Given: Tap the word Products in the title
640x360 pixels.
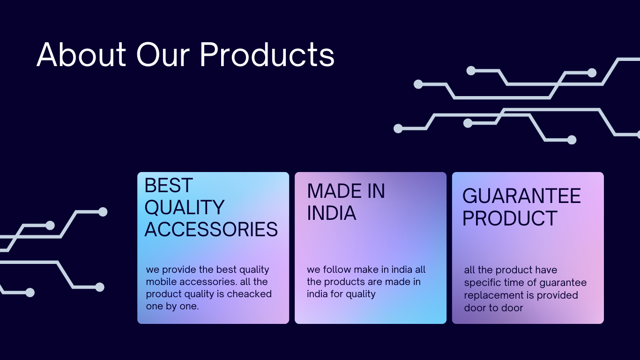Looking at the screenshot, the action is [267, 54].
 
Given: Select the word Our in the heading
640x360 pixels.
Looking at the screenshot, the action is [163, 54].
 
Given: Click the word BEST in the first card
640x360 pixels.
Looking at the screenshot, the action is [169, 185].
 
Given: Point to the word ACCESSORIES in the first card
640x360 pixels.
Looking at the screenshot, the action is [211, 229].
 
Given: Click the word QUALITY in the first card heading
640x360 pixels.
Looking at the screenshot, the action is [184, 207].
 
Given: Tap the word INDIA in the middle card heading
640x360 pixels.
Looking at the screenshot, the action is [331, 213].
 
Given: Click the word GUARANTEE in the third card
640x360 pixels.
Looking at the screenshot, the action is [521, 196].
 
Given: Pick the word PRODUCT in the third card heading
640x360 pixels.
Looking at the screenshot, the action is [510, 218].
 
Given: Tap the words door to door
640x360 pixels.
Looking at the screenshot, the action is [493, 308].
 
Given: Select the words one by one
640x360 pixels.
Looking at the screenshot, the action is [172, 307].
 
